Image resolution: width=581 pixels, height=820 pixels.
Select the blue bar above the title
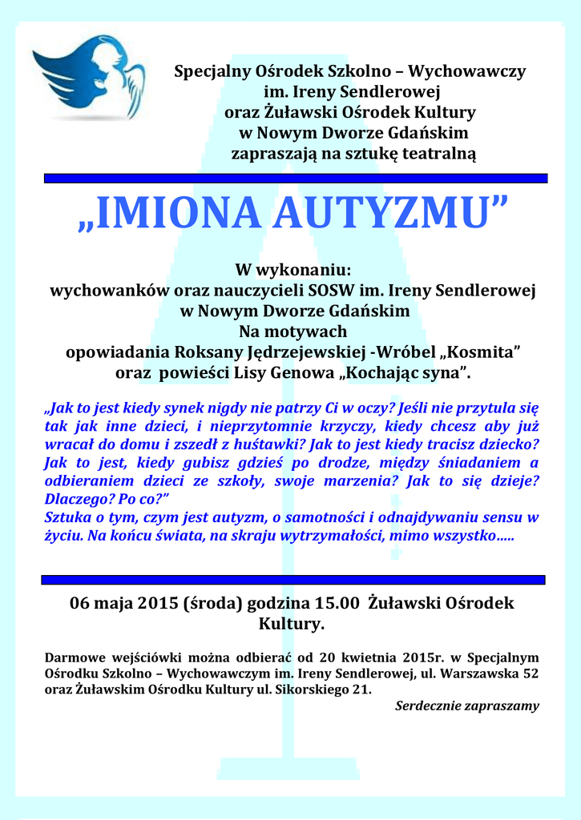coord(295,179)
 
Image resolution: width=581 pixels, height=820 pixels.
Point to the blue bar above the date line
coord(293,579)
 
